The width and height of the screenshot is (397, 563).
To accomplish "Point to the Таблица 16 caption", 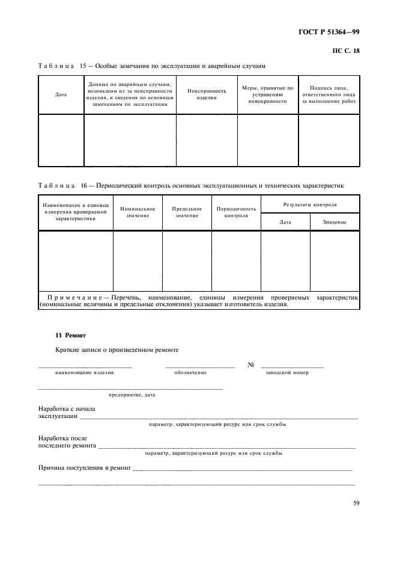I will click(190, 185).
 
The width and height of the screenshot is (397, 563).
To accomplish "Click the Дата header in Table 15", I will click(61, 95).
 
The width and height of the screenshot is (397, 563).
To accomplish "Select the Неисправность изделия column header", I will click(207, 94).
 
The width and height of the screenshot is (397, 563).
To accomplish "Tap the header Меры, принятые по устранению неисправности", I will click(267, 94).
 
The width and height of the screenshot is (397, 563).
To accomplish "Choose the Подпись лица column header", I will click(329, 94).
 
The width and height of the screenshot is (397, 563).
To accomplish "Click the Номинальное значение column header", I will click(138, 212).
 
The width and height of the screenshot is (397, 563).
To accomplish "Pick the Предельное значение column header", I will click(187, 212).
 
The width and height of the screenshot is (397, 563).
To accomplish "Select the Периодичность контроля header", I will click(236, 212).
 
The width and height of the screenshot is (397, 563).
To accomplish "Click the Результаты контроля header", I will click(310, 205).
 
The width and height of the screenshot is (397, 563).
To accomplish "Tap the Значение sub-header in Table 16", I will click(335, 222).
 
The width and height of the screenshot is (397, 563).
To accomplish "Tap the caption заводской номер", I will click(287, 373).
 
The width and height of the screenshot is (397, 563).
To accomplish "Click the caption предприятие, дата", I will click(132, 395).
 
